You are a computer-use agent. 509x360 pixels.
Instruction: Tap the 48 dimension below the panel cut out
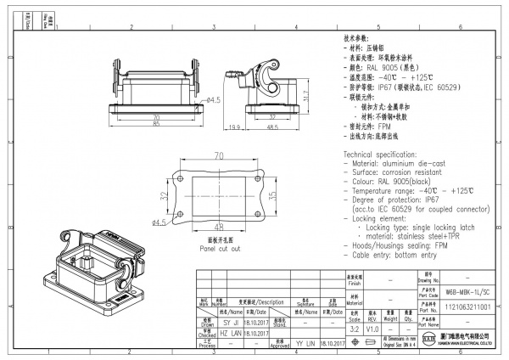[x=218, y=228]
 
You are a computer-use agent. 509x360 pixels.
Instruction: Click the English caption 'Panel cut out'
[x=220, y=250]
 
